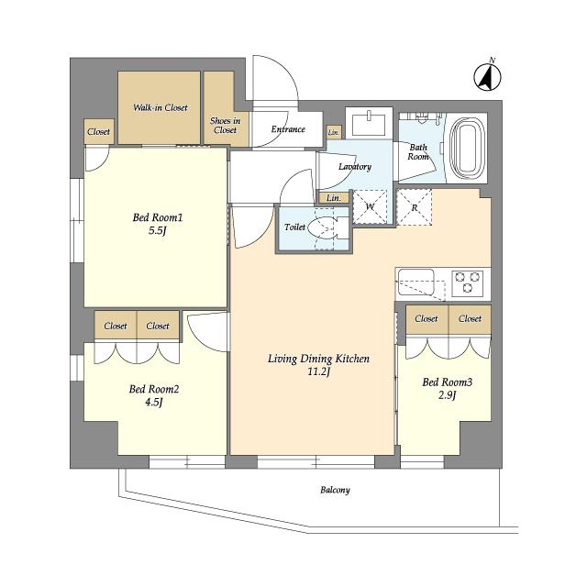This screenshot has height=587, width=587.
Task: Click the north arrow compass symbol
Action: point(487,77)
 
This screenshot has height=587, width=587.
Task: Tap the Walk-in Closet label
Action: point(161,108)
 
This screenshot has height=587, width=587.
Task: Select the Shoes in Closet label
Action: point(225,126)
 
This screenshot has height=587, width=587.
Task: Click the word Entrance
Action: point(288,129)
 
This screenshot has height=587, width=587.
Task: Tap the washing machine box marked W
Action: point(370,207)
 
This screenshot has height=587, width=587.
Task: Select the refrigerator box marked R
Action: point(414,207)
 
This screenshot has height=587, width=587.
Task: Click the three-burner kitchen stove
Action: point(468,282)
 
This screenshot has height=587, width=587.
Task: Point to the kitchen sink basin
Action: point(415,282)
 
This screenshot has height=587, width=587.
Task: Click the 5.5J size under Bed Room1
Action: point(157,230)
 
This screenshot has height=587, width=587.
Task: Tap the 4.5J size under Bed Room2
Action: point(154,403)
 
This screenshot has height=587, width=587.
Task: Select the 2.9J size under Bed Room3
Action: point(447,395)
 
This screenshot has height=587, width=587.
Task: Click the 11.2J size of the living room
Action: point(318,372)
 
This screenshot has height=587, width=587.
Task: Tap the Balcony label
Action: point(335,490)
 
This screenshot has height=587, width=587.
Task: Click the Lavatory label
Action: point(355,167)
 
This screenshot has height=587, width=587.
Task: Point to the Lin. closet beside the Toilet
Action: point(334,198)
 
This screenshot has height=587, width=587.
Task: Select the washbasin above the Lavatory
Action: point(369,123)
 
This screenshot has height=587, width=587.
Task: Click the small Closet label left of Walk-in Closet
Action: point(98,132)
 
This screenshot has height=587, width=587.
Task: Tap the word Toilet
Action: point(294,227)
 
